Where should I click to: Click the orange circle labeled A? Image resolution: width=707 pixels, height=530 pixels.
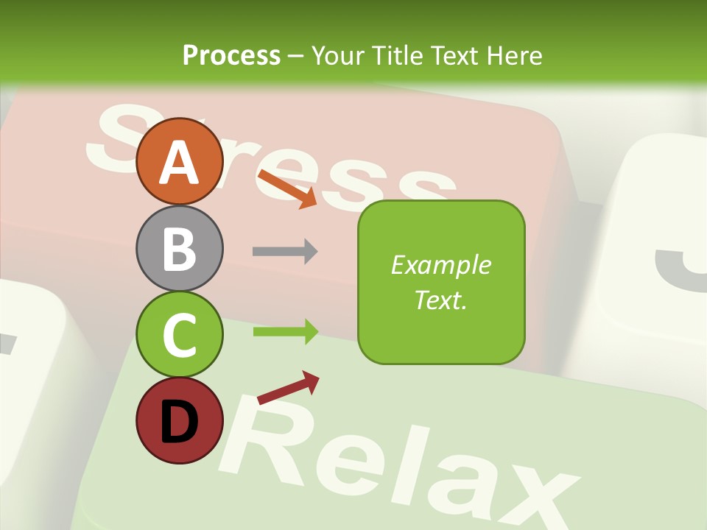(x=179, y=161)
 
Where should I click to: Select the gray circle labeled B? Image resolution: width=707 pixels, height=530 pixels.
(x=179, y=248)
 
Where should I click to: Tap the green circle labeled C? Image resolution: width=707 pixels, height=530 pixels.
(x=179, y=334)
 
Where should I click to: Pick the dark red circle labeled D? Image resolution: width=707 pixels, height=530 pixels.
(x=179, y=420)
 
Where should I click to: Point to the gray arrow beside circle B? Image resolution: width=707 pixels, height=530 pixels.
(x=285, y=251)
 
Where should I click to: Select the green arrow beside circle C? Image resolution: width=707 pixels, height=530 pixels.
(x=285, y=332)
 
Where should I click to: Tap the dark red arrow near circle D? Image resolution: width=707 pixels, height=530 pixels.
(x=288, y=388)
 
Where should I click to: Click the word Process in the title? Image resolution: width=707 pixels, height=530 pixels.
(x=231, y=55)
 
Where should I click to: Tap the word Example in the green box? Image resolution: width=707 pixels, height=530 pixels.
(x=440, y=265)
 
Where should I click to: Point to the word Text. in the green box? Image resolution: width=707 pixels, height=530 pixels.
(x=440, y=300)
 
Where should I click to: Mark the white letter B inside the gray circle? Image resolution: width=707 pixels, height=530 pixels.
(x=179, y=248)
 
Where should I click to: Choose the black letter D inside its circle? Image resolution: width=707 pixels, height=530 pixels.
(x=179, y=421)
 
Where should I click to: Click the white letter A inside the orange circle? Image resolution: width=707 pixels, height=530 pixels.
(x=179, y=162)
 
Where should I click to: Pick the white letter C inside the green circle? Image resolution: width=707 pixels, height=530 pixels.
(x=179, y=335)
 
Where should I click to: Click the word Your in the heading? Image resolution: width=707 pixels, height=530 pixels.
(x=340, y=55)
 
